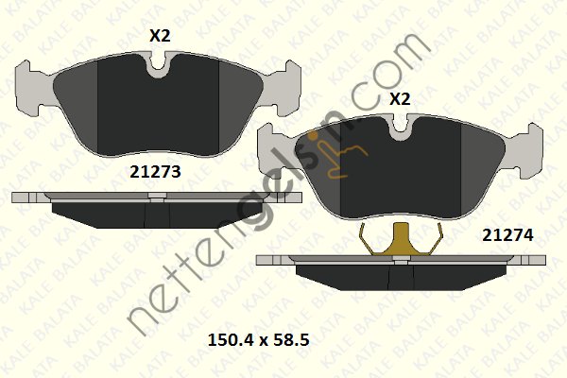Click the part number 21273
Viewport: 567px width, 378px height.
(155, 172)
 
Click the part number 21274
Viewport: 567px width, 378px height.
(507, 235)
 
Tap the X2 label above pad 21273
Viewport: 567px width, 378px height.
(160, 36)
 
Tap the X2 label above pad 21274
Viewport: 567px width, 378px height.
(400, 98)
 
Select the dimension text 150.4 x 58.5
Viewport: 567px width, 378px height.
(259, 340)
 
